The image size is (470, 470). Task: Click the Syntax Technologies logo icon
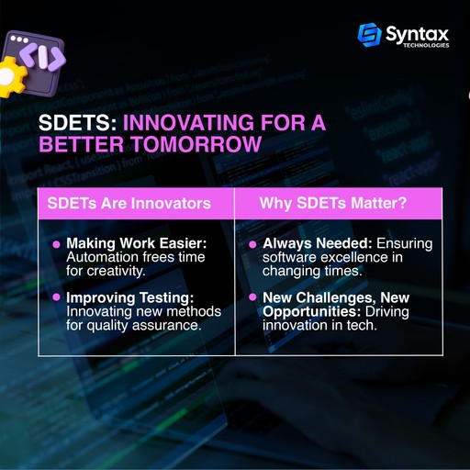click(x=369, y=35)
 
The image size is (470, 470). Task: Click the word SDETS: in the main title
click(x=76, y=123)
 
